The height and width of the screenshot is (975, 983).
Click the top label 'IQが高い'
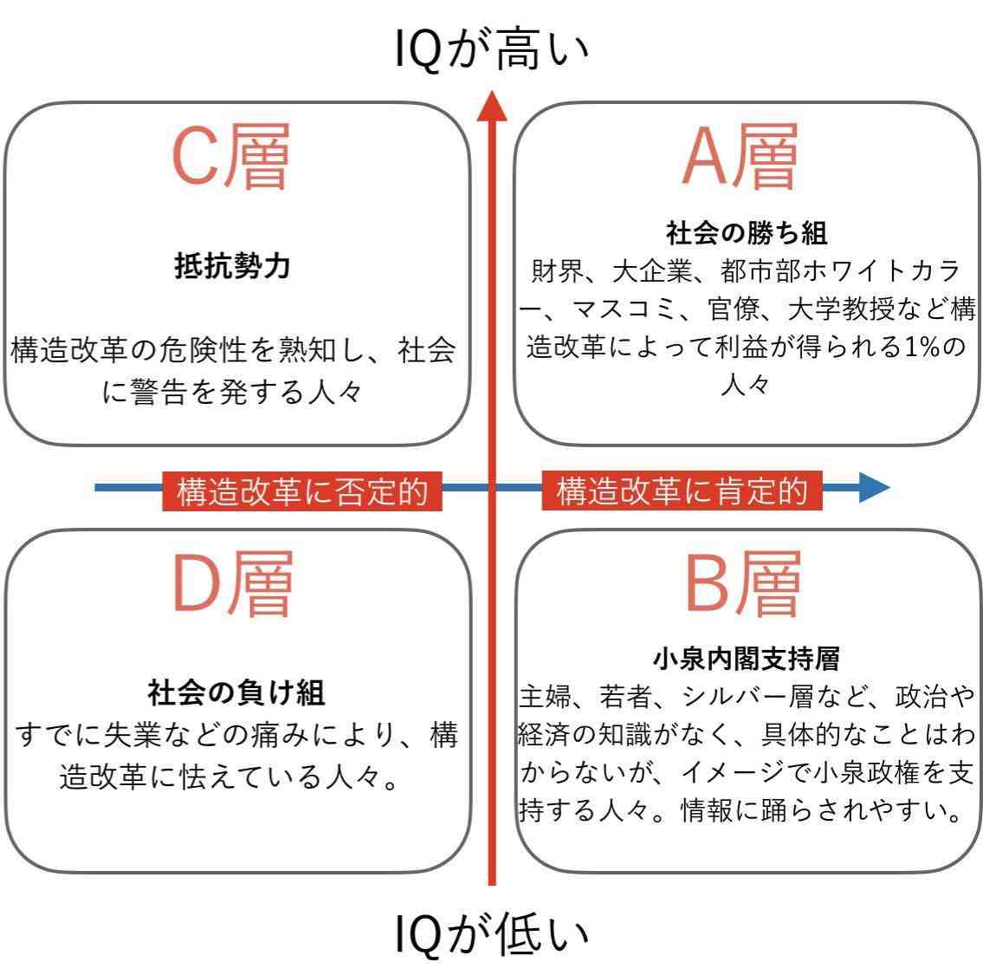click(x=492, y=49)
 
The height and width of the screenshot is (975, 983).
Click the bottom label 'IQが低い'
click(x=492, y=935)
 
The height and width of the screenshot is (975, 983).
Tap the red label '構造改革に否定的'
click(x=302, y=491)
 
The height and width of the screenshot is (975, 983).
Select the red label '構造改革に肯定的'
click(x=682, y=490)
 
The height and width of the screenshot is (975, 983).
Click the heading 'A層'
click(x=740, y=156)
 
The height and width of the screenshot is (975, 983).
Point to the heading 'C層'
click(x=230, y=156)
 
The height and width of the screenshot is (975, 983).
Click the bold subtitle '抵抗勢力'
click(x=233, y=265)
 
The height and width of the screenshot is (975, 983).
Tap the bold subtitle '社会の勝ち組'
click(x=746, y=233)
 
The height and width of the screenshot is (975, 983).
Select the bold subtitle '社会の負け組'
click(x=236, y=692)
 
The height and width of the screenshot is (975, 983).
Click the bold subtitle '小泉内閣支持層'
click(x=746, y=659)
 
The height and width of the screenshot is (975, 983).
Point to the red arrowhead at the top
click(x=492, y=106)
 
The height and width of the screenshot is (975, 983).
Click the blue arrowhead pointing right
click(x=874, y=487)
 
